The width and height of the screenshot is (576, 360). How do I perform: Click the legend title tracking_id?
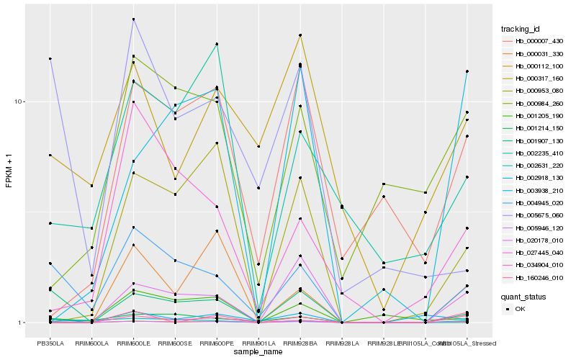click(x=521, y=29)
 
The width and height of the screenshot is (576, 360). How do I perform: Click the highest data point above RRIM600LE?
click(x=134, y=19)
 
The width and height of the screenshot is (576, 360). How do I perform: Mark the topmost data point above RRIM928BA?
click(x=300, y=35)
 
